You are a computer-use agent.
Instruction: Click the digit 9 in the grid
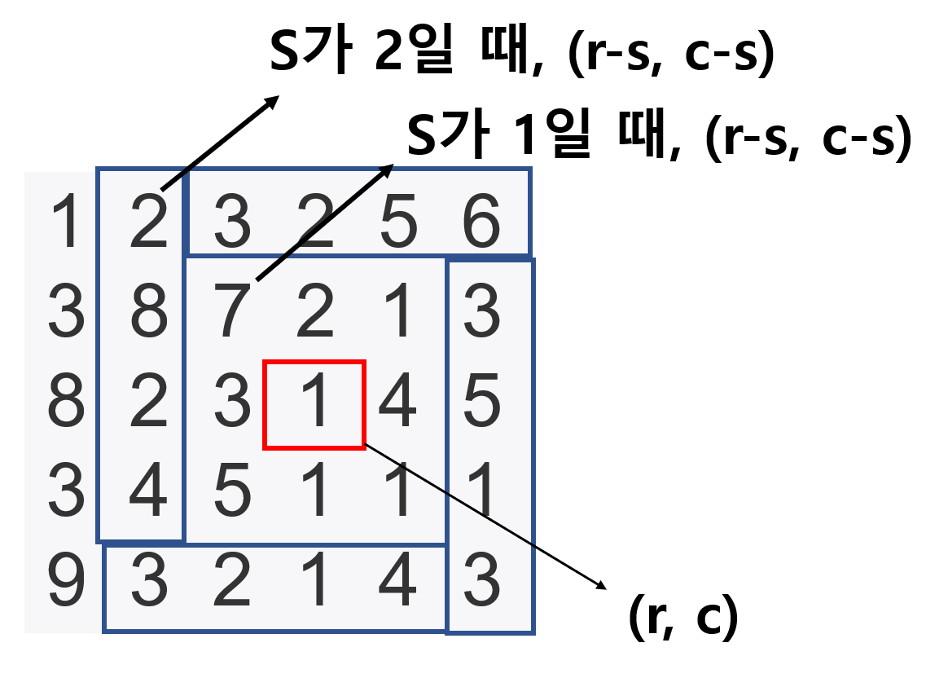tap(66, 581)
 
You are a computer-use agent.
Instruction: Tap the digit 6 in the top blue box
tap(481, 221)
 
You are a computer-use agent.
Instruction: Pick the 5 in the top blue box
tap(398, 221)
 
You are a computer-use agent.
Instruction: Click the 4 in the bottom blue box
tap(398, 581)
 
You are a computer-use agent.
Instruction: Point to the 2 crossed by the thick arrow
tap(315, 221)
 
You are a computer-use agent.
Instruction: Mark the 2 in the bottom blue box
tap(232, 581)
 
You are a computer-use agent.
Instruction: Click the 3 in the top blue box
tap(232, 221)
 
